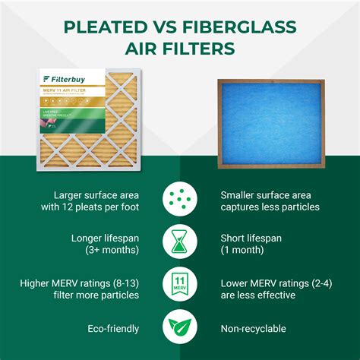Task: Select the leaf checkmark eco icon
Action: [180, 329]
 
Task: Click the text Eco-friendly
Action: [113, 329]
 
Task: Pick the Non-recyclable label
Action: [253, 329]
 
